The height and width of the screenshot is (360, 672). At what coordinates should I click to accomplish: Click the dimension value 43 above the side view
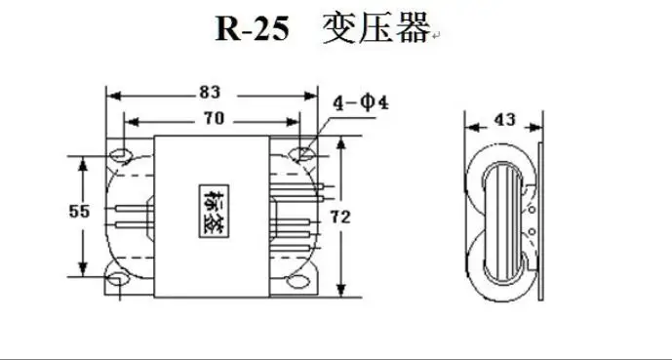[504, 121]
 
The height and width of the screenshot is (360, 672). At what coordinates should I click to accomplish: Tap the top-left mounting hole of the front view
[123, 154]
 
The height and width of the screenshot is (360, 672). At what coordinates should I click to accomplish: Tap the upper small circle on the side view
[534, 208]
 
